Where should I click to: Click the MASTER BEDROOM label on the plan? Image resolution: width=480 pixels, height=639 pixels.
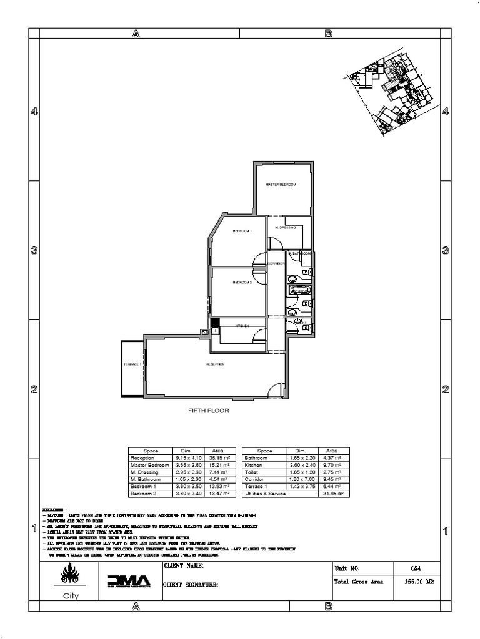(x=280, y=185)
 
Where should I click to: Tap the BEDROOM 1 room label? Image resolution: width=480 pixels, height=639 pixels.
(x=242, y=232)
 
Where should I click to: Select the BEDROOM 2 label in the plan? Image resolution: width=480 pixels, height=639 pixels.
(x=242, y=283)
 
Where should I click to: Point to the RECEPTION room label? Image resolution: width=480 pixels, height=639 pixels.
(x=216, y=364)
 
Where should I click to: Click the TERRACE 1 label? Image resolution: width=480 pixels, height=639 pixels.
(x=132, y=364)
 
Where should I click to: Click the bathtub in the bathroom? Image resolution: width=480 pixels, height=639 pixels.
(x=299, y=290)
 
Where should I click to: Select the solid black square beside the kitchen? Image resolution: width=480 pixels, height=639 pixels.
(x=214, y=323)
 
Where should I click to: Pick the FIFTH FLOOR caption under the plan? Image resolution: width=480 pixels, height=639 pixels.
(x=209, y=411)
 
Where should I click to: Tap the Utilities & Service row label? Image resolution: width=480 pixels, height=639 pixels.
(x=265, y=494)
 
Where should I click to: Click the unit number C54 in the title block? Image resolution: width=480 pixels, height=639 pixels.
(x=416, y=568)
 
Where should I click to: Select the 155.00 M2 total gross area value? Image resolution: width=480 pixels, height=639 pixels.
(x=416, y=581)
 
